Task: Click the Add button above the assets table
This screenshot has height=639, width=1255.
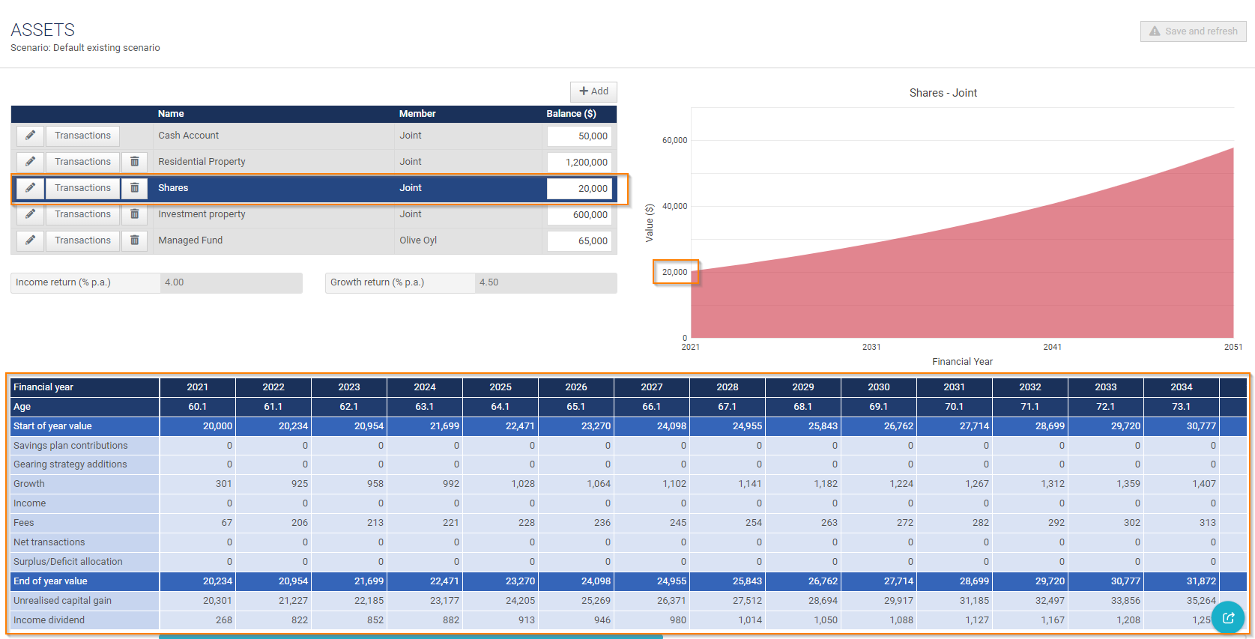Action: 593,91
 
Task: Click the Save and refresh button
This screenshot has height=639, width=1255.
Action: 1193,31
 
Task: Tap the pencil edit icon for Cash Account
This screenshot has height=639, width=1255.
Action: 30,136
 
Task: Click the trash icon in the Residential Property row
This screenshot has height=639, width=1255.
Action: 134,162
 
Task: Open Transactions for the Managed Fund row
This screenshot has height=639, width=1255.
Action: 82,240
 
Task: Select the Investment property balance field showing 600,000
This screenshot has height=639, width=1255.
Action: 579,215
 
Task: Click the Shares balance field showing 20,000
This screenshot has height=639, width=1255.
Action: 579,189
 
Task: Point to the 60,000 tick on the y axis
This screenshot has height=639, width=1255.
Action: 674,140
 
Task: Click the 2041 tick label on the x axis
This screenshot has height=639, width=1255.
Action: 1052,347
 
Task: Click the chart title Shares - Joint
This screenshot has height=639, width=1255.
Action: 943,93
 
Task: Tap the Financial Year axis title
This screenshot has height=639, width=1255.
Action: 962,362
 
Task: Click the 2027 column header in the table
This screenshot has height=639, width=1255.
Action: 652,387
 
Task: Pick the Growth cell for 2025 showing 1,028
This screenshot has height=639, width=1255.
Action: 523,484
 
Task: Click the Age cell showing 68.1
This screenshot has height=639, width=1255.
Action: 803,407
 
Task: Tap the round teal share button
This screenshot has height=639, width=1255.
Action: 1228,618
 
